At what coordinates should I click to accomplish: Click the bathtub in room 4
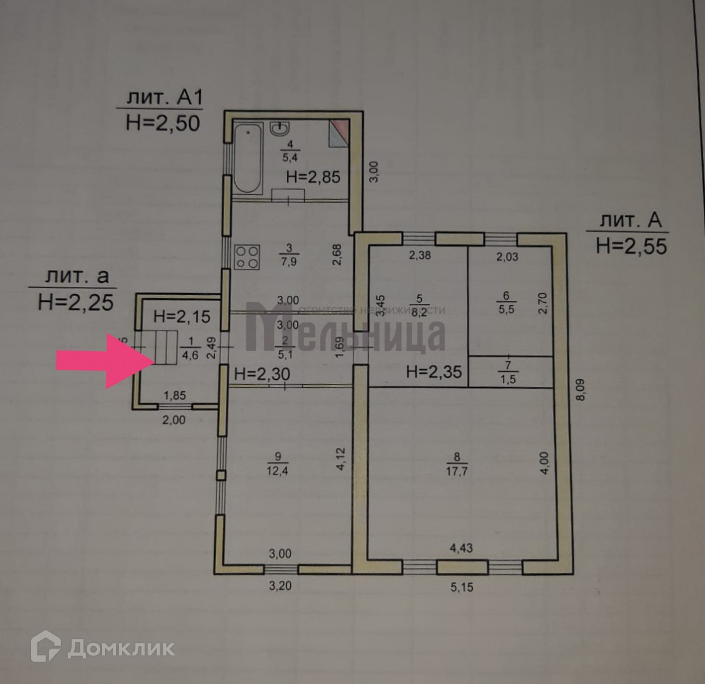(x=247, y=158)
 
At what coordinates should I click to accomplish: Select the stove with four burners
(x=248, y=256)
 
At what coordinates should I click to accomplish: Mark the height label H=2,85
(x=313, y=177)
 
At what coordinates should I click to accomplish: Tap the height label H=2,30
(x=262, y=374)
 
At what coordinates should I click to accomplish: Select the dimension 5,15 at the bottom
(x=461, y=587)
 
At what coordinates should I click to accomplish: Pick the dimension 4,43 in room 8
(x=460, y=548)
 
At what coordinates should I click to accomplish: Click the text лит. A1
(x=164, y=98)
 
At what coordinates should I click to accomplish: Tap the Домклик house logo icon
(x=46, y=647)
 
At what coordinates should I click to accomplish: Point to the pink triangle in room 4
(x=340, y=130)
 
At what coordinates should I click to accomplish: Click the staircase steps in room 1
(x=165, y=347)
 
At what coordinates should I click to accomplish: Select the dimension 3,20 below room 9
(x=279, y=586)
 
